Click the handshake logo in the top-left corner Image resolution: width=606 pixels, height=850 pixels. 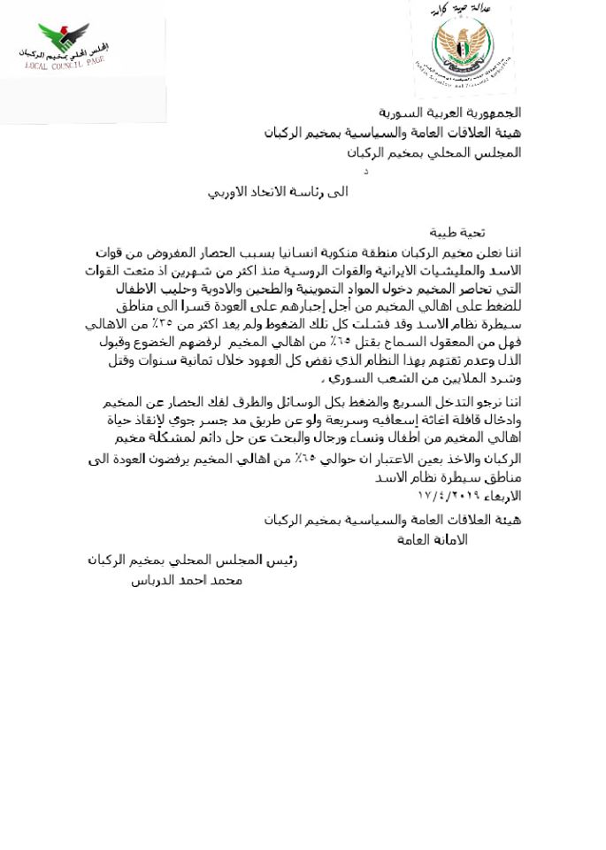pos(64,38)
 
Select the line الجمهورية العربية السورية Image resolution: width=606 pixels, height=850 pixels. pos(449,112)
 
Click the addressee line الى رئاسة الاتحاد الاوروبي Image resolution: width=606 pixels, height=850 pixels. pos(278,191)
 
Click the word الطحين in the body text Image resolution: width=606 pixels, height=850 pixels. pos(284,288)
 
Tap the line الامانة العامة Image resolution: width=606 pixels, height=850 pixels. pos(433,539)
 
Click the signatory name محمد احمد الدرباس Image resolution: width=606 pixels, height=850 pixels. pos(187,580)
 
